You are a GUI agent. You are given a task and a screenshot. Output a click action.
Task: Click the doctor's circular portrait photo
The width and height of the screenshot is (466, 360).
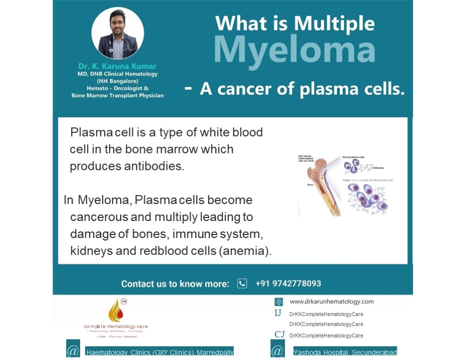click(118, 33)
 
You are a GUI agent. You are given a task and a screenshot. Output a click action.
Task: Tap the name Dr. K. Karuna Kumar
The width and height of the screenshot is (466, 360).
click(118, 66)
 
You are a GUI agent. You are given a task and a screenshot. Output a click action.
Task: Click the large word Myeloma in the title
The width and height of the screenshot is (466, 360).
click(294, 49)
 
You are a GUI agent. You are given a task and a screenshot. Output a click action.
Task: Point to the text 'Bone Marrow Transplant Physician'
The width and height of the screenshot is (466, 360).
click(118, 95)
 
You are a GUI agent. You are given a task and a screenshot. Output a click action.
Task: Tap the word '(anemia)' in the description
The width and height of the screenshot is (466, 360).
click(245, 250)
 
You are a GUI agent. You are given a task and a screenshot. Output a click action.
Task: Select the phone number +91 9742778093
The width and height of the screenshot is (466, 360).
click(288, 283)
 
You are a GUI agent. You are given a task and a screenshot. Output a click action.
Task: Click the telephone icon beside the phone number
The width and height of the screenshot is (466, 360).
click(242, 283)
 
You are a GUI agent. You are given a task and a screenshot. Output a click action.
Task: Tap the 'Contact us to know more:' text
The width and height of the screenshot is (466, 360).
click(175, 284)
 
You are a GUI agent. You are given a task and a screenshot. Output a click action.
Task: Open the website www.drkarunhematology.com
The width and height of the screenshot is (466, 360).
click(331, 301)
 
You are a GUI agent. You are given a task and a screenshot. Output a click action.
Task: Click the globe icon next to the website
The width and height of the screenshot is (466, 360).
click(279, 302)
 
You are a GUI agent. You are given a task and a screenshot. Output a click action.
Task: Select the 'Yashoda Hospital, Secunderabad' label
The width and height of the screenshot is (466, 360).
click(345, 352)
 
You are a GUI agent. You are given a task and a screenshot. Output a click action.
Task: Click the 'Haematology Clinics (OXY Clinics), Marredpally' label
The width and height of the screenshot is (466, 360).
click(160, 352)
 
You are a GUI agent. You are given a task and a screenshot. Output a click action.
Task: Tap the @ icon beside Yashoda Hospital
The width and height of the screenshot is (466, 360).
click(278, 350)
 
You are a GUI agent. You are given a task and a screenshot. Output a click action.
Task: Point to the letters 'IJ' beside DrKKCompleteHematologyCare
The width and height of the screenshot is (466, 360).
click(278, 313)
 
